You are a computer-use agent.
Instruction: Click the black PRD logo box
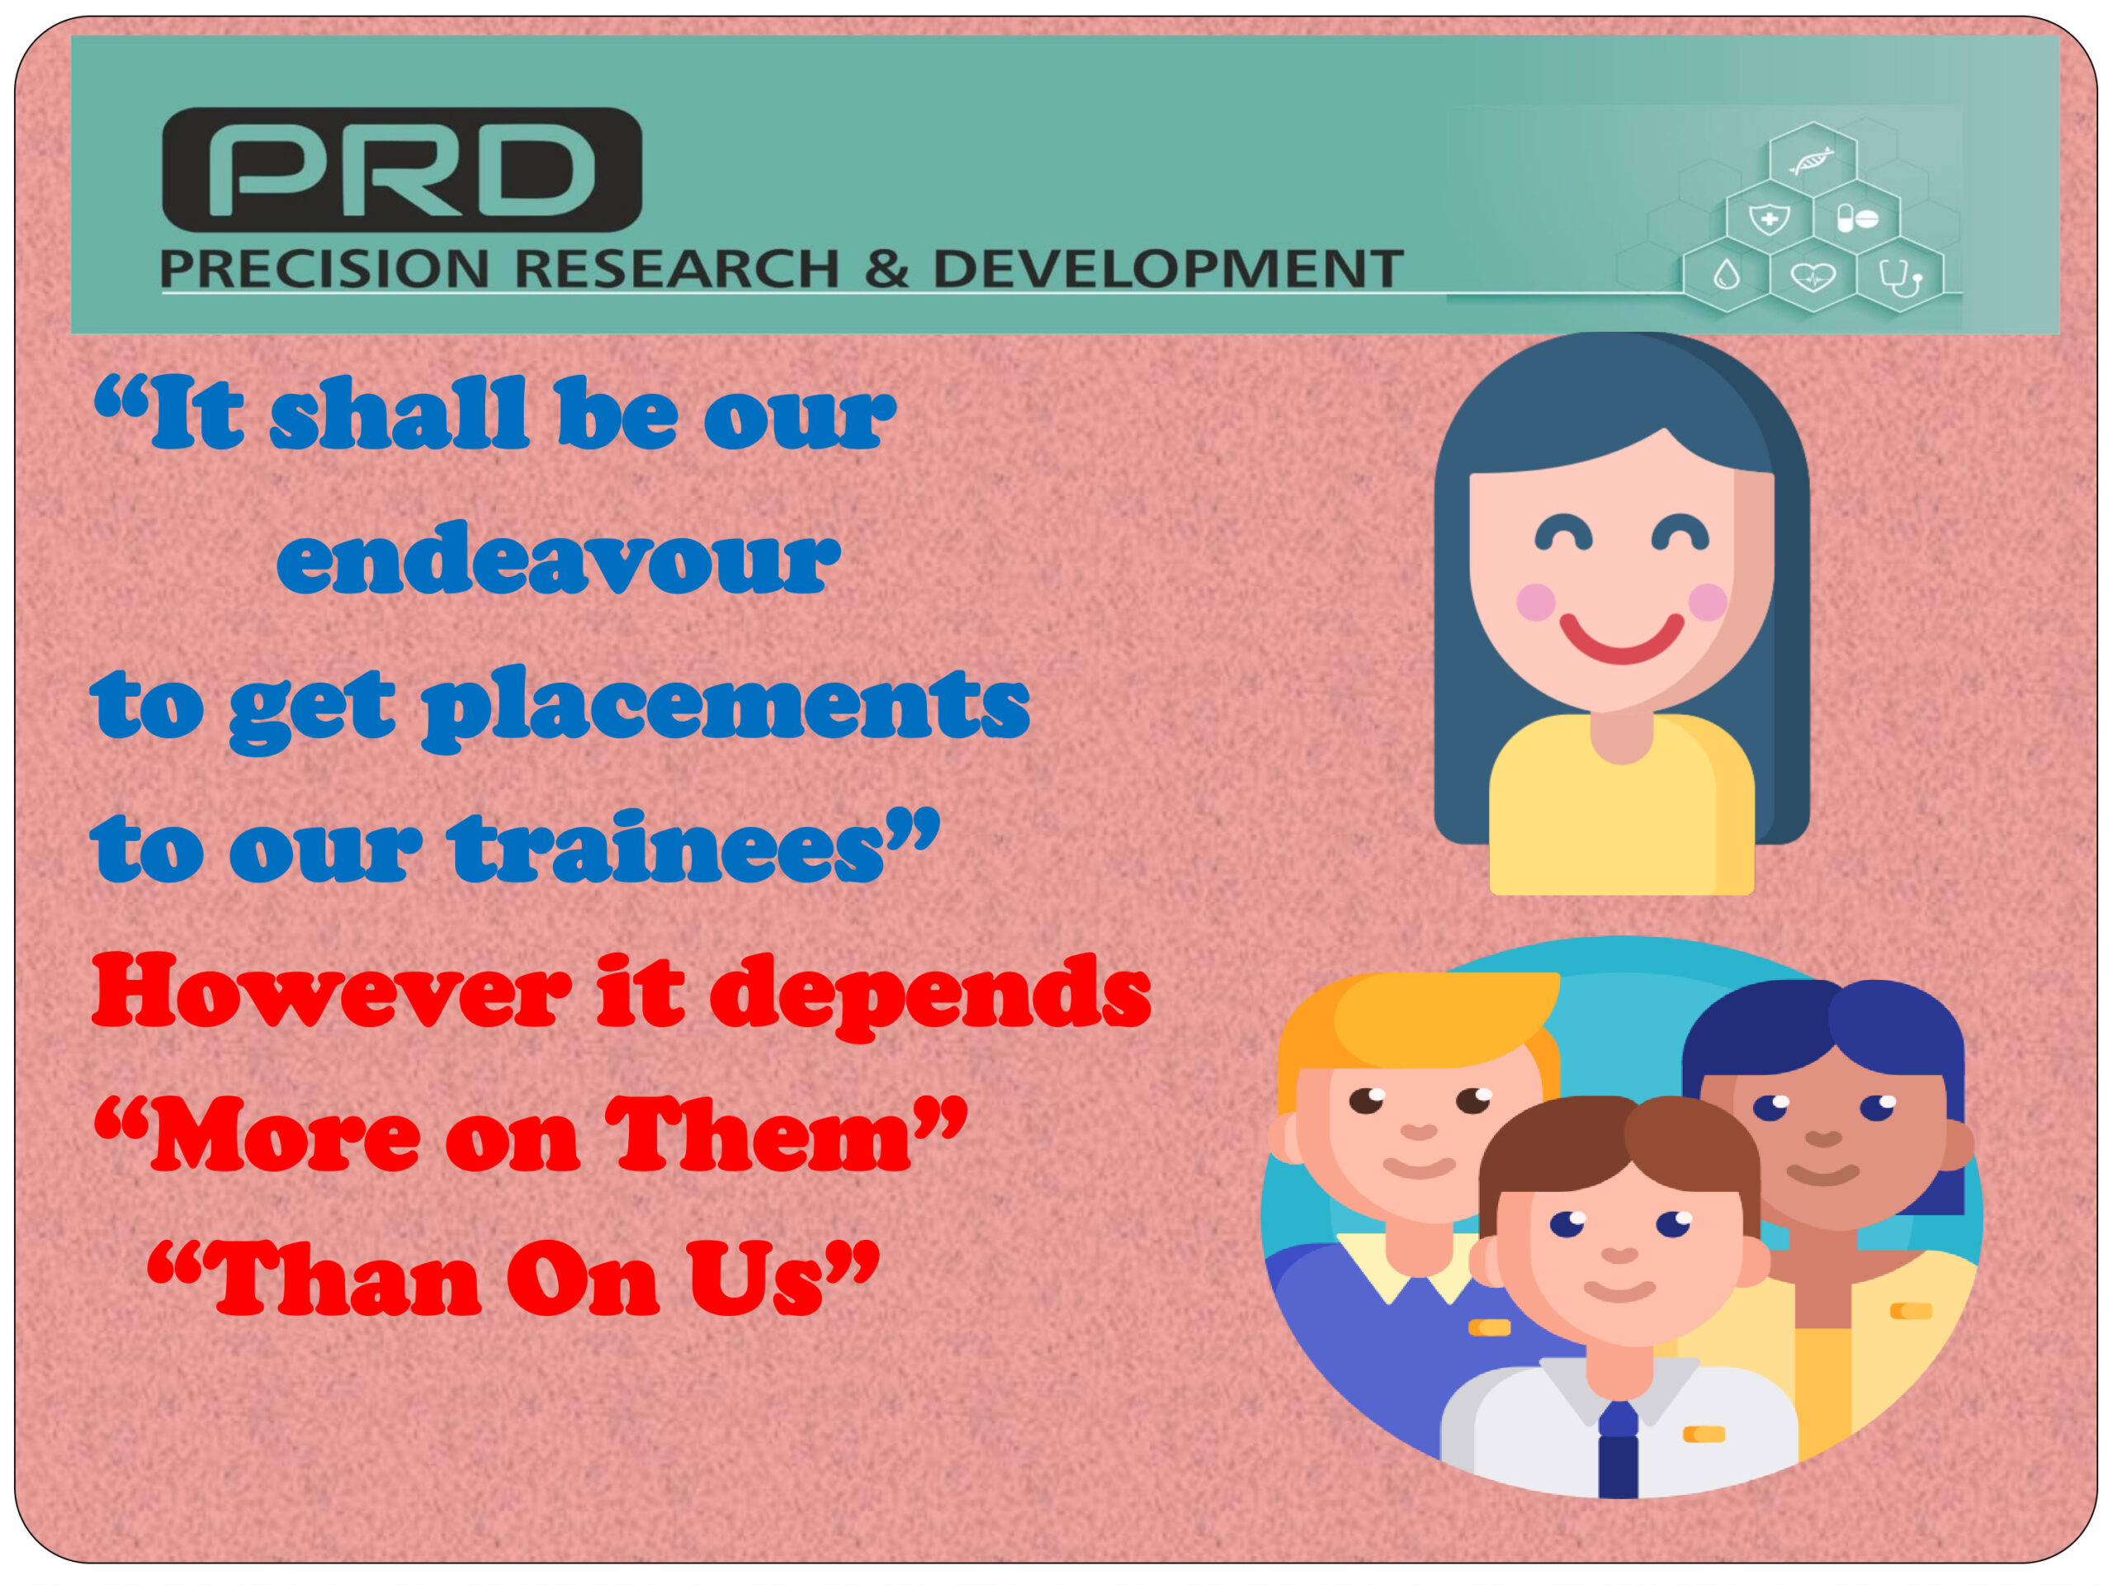click(402, 169)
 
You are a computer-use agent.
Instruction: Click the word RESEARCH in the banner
click(675, 268)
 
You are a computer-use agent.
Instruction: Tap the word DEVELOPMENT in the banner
click(1168, 268)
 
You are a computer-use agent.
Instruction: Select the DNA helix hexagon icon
click(1812, 160)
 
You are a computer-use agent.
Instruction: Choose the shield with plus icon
click(1769, 219)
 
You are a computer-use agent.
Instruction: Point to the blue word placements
click(727, 707)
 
